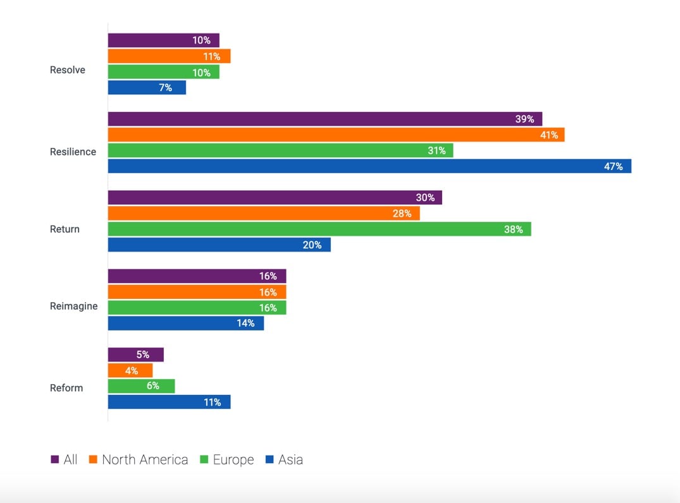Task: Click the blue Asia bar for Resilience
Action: pos(369,166)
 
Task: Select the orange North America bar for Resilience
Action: pos(336,135)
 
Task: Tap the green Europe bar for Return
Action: pos(319,229)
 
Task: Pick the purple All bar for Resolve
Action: pos(163,40)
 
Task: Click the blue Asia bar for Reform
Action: pos(169,402)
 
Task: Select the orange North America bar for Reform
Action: pos(130,370)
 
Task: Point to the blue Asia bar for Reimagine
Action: pos(185,323)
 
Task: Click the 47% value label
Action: pos(613,166)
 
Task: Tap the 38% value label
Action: pos(513,229)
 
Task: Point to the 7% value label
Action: pos(165,88)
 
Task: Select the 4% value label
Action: pos(132,371)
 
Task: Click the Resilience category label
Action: pos(73,152)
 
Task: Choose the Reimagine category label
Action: pos(73,306)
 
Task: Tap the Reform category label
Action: pos(66,387)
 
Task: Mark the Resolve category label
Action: pos(67,70)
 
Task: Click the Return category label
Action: pos(65,229)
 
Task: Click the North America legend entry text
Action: pos(145,460)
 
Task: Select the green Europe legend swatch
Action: pos(204,460)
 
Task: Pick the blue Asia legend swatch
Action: pos(269,460)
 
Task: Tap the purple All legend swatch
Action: pos(54,460)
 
